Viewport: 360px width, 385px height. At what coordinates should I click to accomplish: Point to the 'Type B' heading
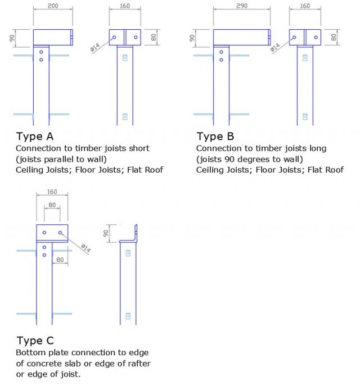pyautogui.click(x=216, y=137)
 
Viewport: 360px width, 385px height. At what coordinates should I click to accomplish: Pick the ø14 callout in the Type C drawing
pyautogui.click(x=85, y=248)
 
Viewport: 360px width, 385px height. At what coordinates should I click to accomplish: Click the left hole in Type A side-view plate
pyautogui.click(x=114, y=38)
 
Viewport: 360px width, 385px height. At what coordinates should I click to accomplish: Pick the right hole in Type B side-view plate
pyautogui.click(x=316, y=38)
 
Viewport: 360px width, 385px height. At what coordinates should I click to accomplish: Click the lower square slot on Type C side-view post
pyautogui.click(x=128, y=316)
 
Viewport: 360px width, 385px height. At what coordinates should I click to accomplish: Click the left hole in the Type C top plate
pyautogui.click(x=44, y=233)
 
